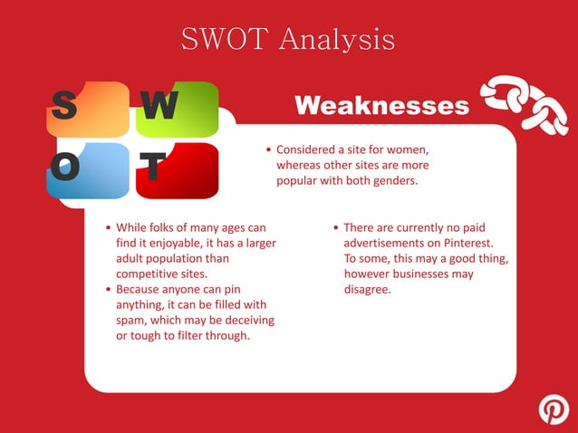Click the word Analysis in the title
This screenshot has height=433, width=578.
point(335,39)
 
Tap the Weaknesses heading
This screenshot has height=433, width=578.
point(382,106)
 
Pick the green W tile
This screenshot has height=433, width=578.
point(177,110)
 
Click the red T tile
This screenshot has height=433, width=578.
point(177,169)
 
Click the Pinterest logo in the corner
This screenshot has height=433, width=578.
point(554,409)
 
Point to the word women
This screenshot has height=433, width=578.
point(407,149)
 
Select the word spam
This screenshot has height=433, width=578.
point(131,321)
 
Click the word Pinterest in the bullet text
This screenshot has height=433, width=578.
point(463,243)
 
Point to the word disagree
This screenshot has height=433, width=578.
point(367,290)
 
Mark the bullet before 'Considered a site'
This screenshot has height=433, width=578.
point(269,149)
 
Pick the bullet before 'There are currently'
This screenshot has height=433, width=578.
point(335,228)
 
